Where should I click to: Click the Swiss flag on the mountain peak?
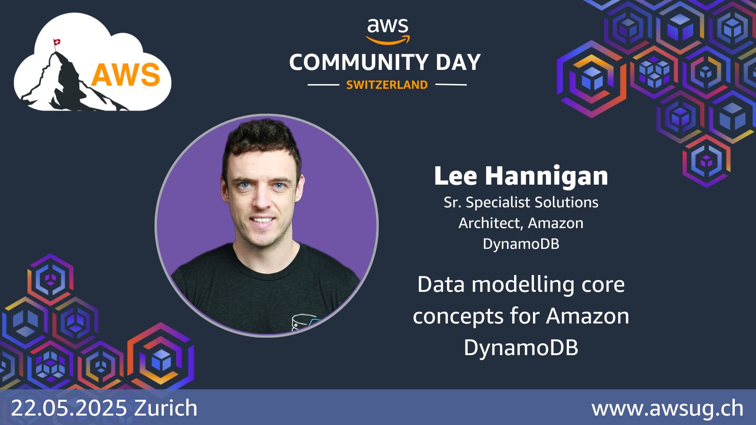[x=57, y=43]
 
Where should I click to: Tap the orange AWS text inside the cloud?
[x=126, y=75]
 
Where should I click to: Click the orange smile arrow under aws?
[x=388, y=40]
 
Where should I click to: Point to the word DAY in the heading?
[x=458, y=62]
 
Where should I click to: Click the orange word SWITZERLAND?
[x=387, y=85]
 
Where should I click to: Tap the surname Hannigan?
[x=546, y=176]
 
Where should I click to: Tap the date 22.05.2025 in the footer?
[x=69, y=408]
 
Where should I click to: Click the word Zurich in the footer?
[x=166, y=408]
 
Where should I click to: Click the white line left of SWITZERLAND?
[x=323, y=85]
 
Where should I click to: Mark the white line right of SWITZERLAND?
[x=451, y=85]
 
